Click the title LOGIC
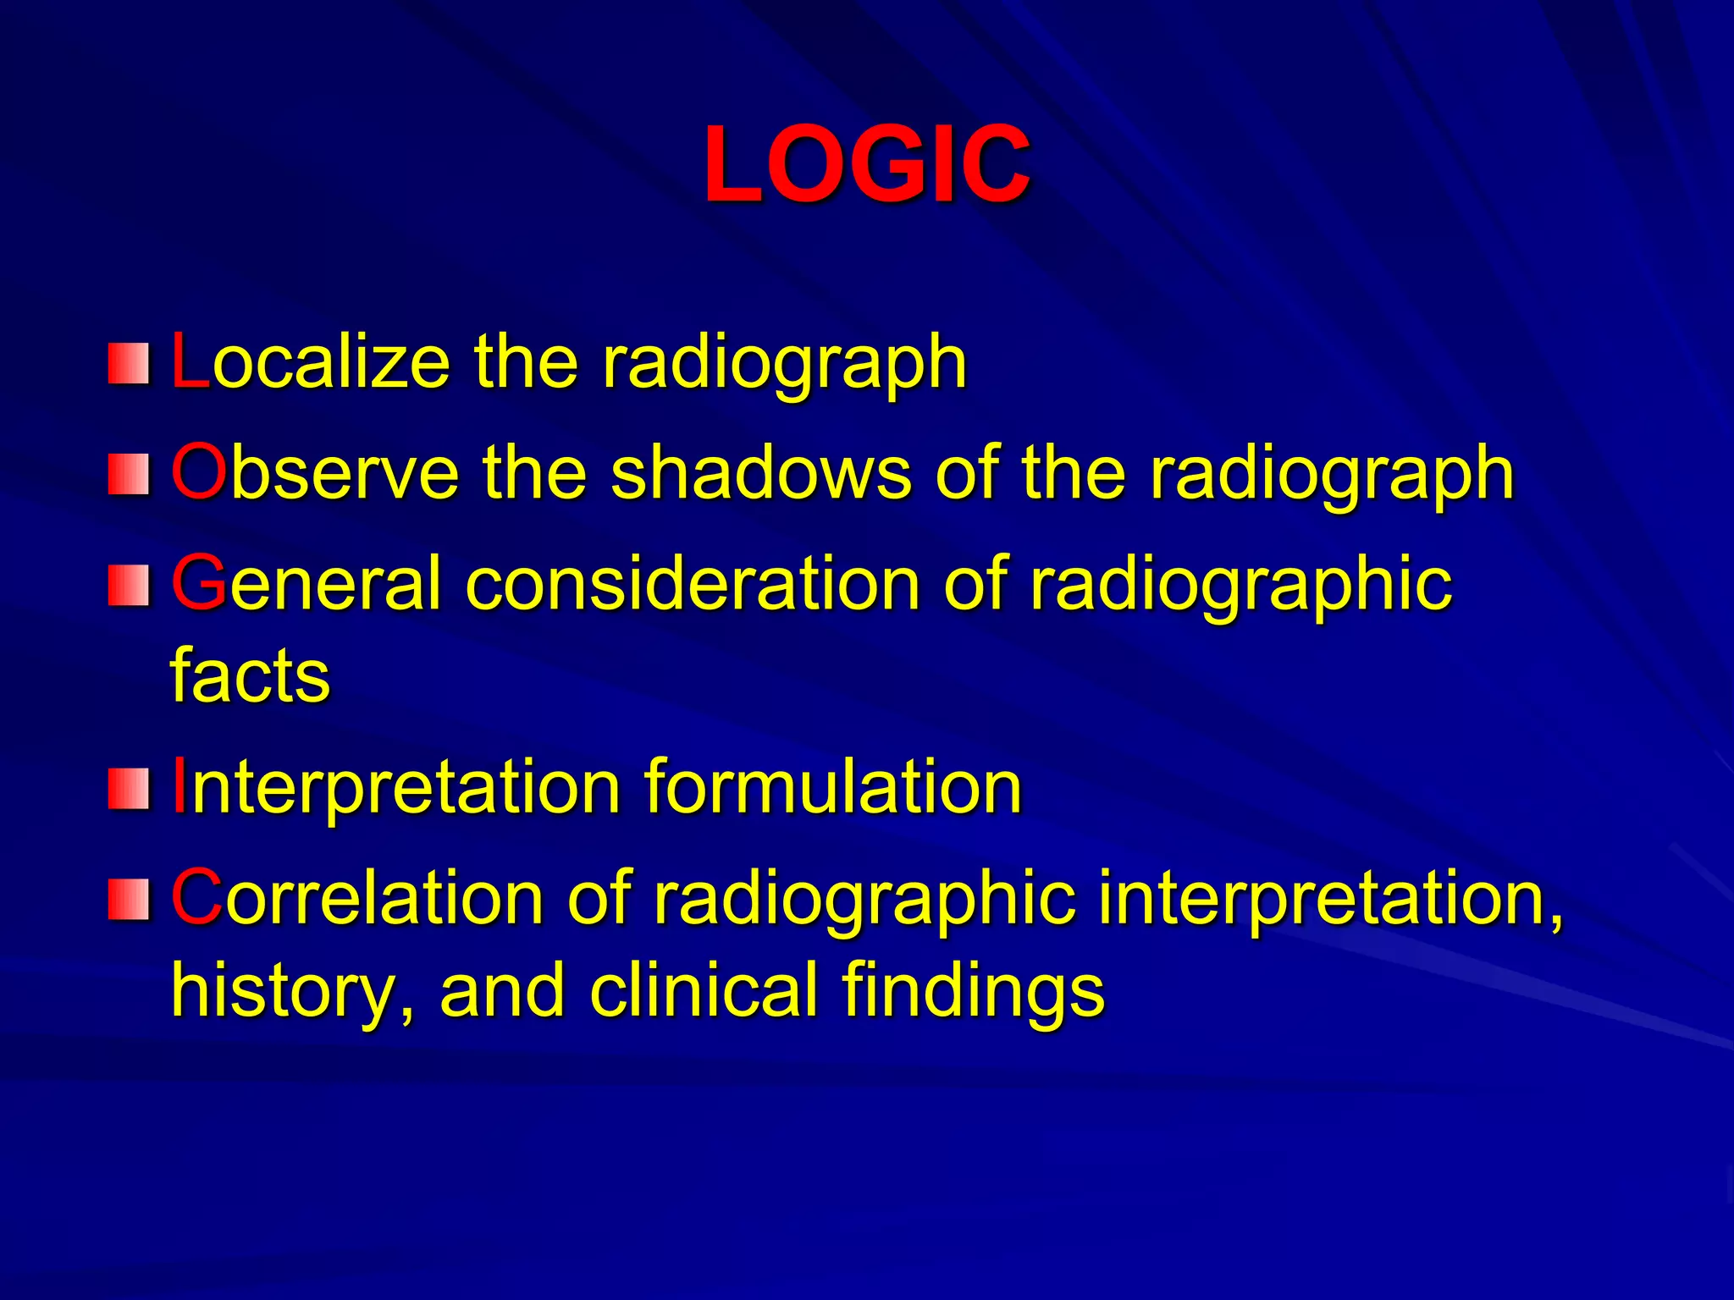(866, 164)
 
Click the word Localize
(310, 362)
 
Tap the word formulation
(833, 787)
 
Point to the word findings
(974, 990)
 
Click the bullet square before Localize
(129, 363)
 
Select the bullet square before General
(129, 585)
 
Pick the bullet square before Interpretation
(129, 788)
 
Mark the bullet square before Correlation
(129, 899)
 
